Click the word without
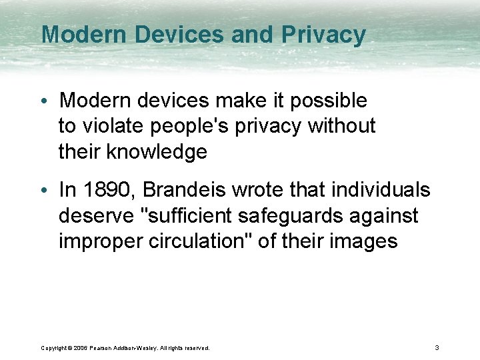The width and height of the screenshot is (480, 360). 341,126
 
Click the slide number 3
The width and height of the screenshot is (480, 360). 437,347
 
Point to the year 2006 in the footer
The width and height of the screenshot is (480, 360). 82,348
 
